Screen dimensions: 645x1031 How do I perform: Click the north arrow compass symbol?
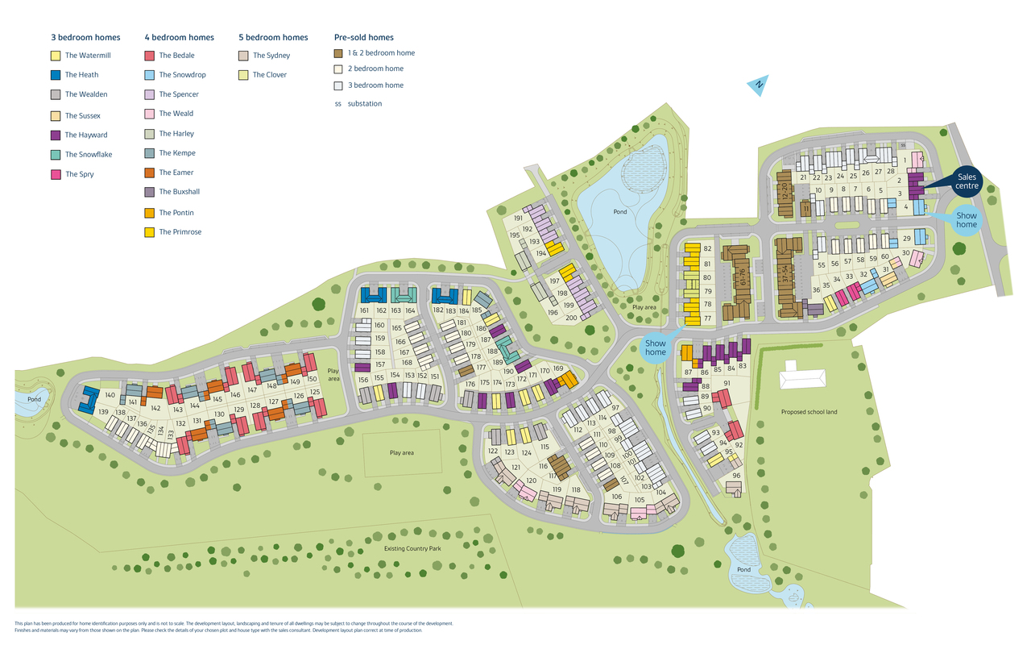[758, 85]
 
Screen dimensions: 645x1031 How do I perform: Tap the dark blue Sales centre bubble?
[966, 181]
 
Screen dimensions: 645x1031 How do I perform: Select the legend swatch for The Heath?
[56, 75]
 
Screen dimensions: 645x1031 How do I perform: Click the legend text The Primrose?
[180, 232]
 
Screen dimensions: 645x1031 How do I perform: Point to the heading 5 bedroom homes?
[273, 37]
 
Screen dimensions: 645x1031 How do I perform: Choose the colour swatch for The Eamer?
[149, 173]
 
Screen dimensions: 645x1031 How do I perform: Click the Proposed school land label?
[809, 412]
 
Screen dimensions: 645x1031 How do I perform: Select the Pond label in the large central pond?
[619, 212]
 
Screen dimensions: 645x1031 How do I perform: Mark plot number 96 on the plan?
[736, 476]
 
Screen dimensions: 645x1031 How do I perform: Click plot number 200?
[570, 318]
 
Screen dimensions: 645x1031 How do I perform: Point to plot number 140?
[110, 395]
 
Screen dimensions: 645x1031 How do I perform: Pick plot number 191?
[518, 218]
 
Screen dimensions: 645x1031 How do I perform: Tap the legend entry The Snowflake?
[89, 155]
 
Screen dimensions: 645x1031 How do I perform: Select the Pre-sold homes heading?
[363, 37]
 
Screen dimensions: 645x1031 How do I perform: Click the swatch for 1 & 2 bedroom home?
[338, 53]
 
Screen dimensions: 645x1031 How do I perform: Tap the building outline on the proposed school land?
[802, 377]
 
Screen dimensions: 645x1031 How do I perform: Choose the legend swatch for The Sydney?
[243, 56]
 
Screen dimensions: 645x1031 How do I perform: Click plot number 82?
[707, 249]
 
